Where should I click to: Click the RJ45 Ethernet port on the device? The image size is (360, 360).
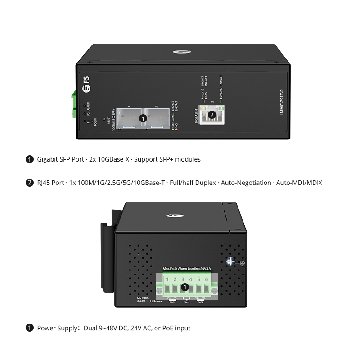click(x=211, y=115)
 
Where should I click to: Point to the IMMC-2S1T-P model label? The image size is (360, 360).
click(x=282, y=101)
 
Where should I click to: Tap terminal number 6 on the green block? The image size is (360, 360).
click(x=206, y=284)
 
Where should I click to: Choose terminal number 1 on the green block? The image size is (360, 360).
click(x=167, y=284)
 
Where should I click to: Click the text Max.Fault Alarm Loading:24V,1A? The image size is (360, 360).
click(x=187, y=269)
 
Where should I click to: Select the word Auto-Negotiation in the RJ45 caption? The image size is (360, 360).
click(x=246, y=183)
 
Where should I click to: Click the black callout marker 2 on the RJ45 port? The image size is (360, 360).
click(x=211, y=115)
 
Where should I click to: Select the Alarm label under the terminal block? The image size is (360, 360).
click(x=187, y=302)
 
